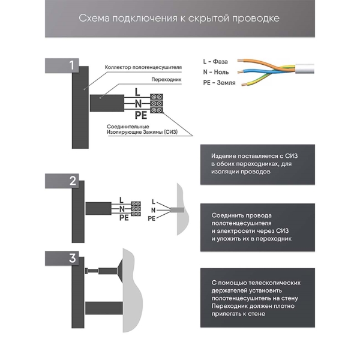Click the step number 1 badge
(71, 65)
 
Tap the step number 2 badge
(71, 181)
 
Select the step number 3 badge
(71, 259)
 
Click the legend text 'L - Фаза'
(217, 61)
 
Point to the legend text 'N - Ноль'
(217, 71)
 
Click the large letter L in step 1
(137, 92)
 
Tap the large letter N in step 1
(138, 103)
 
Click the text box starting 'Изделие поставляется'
(257, 163)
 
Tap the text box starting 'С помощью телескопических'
(257, 298)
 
